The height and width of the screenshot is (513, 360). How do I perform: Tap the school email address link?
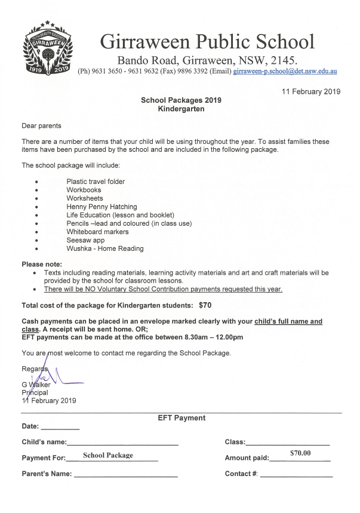[x=285, y=71]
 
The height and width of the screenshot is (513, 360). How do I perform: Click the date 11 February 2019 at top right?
[x=310, y=91]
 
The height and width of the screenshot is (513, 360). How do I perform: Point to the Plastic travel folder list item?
[x=96, y=182]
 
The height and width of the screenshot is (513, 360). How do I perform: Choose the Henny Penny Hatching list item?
[x=101, y=207]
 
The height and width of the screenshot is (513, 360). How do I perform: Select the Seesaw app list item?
[x=85, y=240]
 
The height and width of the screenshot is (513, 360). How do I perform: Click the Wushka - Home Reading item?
[x=105, y=248]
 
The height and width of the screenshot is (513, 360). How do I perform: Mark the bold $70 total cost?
[x=205, y=305]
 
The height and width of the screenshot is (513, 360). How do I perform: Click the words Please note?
[x=42, y=264]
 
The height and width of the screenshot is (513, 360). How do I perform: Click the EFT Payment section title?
[x=181, y=418]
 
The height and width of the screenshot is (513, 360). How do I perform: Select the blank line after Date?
[x=60, y=428]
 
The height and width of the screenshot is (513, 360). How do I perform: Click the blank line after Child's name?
[x=122, y=444]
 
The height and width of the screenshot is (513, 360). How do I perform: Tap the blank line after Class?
[x=288, y=444]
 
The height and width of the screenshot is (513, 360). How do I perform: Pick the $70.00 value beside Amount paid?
[x=300, y=453]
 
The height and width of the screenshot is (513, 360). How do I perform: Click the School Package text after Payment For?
[x=108, y=456]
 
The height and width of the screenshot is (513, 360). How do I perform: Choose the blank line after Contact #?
[x=296, y=475]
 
